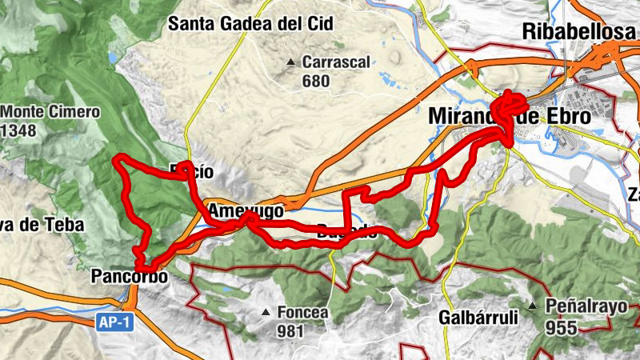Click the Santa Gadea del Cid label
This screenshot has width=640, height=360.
coord(250,23)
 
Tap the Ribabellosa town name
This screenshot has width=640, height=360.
coord(580,31)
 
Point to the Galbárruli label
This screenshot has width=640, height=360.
coord(478,317)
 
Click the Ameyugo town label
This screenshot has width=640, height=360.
coord(246,211)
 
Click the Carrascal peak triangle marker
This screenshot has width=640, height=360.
coord(293,62)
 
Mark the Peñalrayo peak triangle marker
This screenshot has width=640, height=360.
coord(533,305)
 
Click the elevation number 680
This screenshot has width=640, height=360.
coord(316,81)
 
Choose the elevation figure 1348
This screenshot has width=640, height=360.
coord(19,130)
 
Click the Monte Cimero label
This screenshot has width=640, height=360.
coord(51,112)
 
